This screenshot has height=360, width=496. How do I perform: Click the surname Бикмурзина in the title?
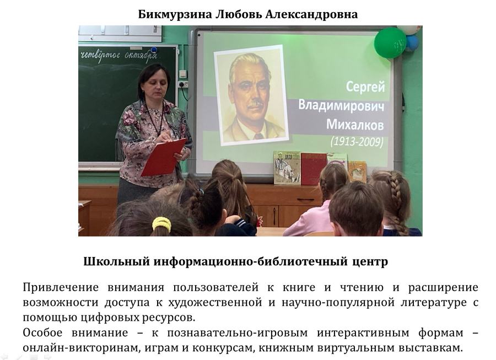[x=175, y=14]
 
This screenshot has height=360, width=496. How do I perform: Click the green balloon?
[x=390, y=42]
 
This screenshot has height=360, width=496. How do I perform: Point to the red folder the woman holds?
[x=164, y=157]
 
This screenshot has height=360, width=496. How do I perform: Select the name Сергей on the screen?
[x=366, y=87]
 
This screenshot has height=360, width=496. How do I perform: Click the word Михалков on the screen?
[x=355, y=125]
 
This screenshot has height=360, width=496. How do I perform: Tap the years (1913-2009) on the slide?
[x=357, y=141]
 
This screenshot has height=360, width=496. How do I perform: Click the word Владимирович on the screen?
[x=341, y=106]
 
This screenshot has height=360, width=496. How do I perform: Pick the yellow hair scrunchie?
[x=161, y=223]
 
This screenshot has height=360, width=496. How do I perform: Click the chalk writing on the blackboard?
[x=119, y=56]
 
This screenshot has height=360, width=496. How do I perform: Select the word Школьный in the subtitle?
[x=116, y=262]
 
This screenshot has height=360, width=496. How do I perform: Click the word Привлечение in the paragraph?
[x=61, y=288]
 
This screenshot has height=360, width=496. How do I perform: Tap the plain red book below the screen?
[x=314, y=169]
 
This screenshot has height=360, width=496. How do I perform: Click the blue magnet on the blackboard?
[x=154, y=50]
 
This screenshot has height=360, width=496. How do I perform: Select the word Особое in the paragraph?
[x=42, y=333]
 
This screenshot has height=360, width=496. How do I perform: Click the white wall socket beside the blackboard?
[x=183, y=84]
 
